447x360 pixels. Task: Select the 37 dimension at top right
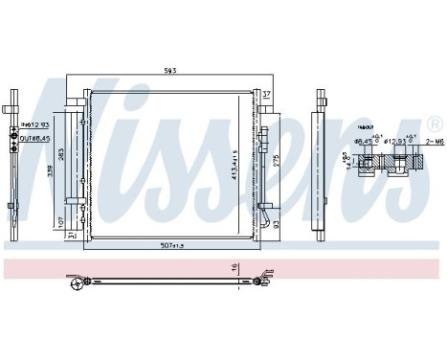[x=267, y=93]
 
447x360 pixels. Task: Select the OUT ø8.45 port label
[x=34, y=137]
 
